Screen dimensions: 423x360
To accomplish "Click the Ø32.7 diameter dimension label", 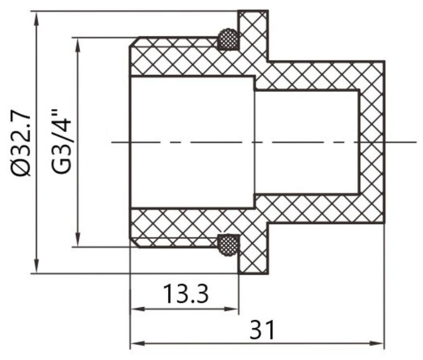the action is click(20, 142).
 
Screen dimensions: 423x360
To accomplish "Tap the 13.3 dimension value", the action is click(186, 294).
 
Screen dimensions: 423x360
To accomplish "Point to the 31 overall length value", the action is click(262, 330).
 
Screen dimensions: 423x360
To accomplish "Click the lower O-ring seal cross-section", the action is click(228, 245).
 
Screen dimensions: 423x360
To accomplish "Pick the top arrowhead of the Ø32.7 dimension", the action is click(36, 18).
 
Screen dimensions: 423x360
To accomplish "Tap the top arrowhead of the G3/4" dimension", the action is click(78, 45).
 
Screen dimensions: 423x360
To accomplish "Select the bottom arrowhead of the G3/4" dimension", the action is click(78, 240).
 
